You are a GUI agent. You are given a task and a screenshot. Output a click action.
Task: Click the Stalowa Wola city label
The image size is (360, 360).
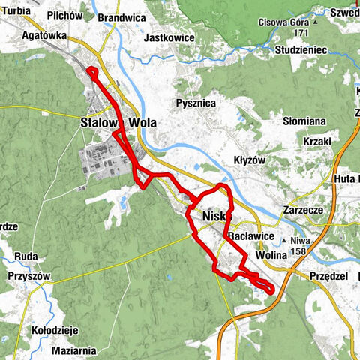click(113, 122)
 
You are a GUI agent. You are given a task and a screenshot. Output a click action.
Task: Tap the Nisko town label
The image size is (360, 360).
click(215, 217)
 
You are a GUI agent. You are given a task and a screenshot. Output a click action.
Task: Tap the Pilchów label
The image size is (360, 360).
click(64, 14)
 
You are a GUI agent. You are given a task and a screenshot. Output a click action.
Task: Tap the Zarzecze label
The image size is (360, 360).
click(302, 211)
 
